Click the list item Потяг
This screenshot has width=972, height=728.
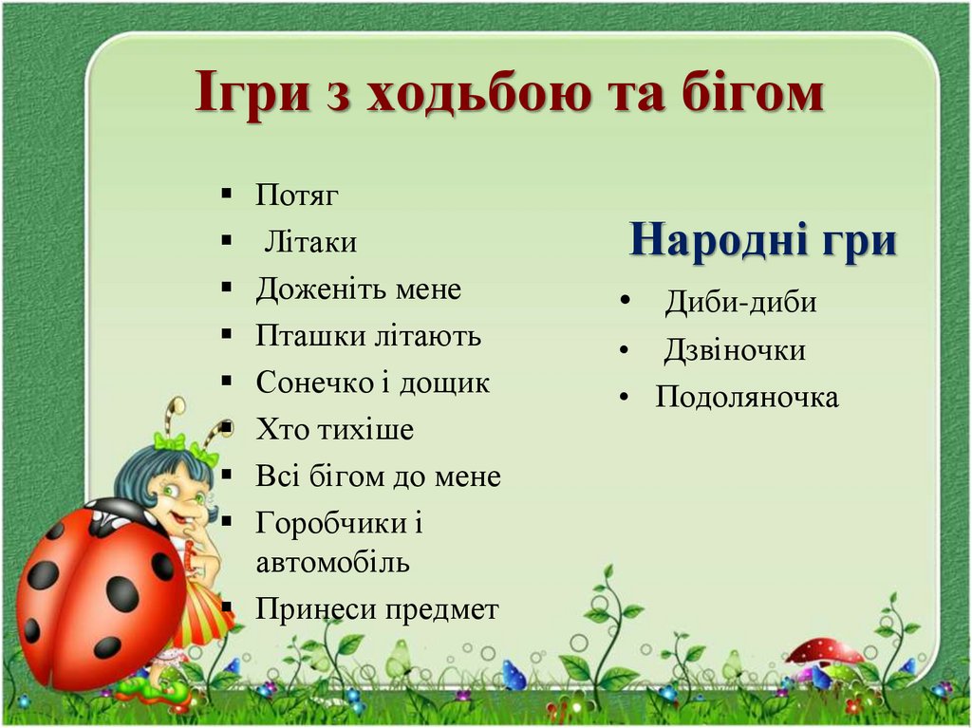[297, 196]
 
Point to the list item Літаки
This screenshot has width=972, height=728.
[310, 242]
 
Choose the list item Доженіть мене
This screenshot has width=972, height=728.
[358, 289]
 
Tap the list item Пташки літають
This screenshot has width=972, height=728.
[368, 335]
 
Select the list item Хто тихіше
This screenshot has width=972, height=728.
[334, 430]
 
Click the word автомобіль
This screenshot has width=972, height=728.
[332, 562]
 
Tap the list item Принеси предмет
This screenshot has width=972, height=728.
[377, 609]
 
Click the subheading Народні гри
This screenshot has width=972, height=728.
[763, 239]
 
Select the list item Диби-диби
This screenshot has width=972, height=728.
[740, 303]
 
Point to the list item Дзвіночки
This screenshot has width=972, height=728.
[734, 350]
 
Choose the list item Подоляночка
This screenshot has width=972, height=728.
[747, 397]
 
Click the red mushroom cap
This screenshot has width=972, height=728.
[825, 651]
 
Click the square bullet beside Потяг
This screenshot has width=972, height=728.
[226, 195]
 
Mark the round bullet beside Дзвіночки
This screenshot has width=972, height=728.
[623, 350]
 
